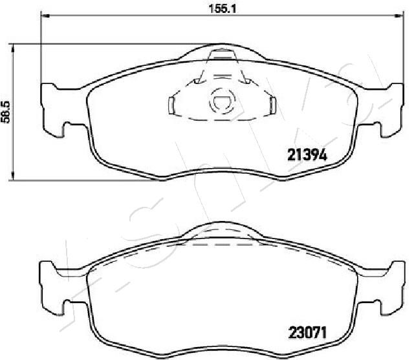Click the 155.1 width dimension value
[223, 8]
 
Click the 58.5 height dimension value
[5, 112]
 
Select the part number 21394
[307, 155]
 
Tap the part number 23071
[308, 333]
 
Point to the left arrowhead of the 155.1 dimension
[46, 16]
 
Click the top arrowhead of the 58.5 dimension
[12, 48]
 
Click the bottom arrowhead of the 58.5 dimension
[12, 176]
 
